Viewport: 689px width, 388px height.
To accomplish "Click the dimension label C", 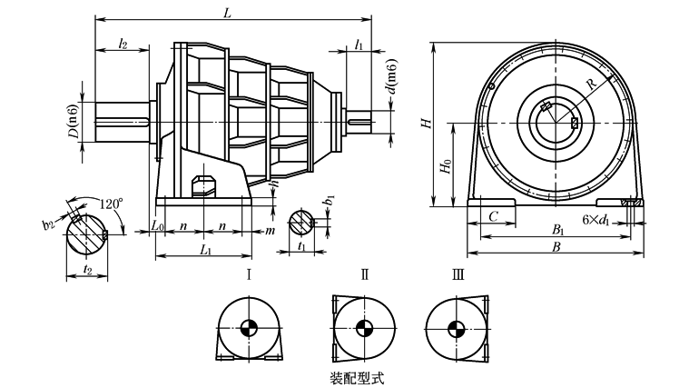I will (493, 218).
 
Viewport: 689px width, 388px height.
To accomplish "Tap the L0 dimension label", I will (158, 225).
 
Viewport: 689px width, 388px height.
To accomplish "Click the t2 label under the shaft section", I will (87, 269).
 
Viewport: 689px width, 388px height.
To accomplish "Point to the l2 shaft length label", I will (122, 44).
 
